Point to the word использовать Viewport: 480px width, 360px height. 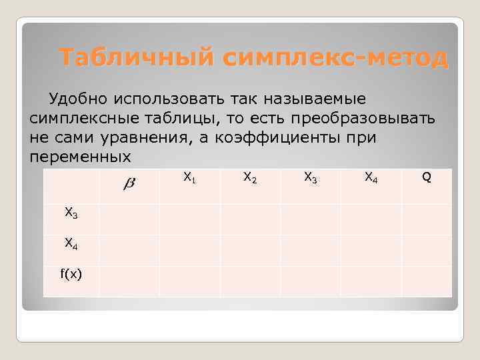(166, 99)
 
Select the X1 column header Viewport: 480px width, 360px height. (189, 177)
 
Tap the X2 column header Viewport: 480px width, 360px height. (250, 177)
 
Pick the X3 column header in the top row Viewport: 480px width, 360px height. (311, 177)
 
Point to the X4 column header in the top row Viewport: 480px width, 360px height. (371, 177)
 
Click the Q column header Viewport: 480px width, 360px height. (427, 177)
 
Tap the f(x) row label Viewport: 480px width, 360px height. (71, 274)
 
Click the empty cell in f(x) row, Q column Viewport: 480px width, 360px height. (427, 281)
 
